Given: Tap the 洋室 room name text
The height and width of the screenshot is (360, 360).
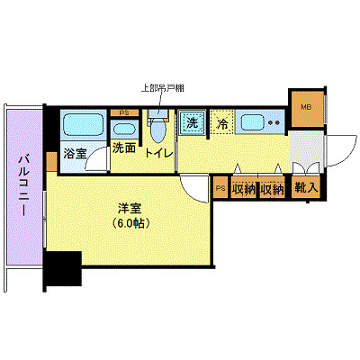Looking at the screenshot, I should (131, 208).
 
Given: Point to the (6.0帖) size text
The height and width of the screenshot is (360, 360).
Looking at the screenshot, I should (131, 223).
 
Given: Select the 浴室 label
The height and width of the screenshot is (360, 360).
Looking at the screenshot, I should (75, 154).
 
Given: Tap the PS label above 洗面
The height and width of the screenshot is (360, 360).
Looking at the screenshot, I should (123, 112).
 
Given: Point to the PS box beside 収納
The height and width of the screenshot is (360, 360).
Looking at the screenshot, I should (221, 188).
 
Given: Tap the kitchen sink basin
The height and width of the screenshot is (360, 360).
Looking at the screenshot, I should (251, 122).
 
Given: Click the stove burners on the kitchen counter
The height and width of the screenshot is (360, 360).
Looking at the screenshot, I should (274, 123).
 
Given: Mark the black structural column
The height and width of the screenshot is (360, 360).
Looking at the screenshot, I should (62, 269).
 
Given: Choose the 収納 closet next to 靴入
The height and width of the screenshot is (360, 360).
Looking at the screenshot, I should (273, 189).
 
